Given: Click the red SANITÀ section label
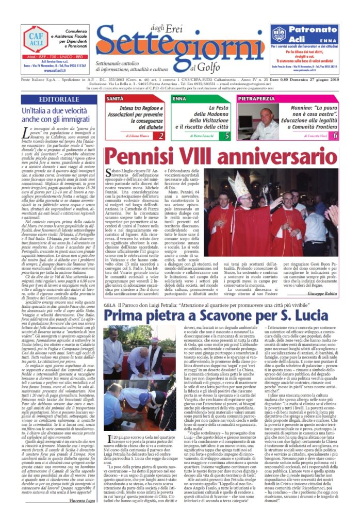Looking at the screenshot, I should (114, 98).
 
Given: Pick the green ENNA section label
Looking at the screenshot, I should (180, 98).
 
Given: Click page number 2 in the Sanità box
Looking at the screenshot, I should (161, 136).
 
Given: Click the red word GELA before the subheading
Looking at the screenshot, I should (109, 291).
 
